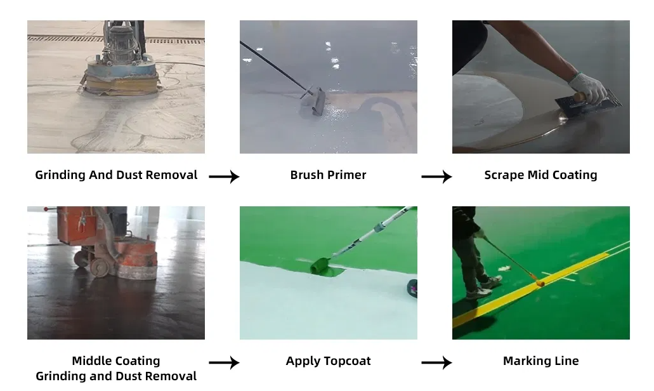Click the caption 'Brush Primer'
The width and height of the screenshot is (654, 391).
point(328,175)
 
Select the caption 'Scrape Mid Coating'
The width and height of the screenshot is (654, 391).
point(540,175)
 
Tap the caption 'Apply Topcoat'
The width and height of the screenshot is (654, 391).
point(328,361)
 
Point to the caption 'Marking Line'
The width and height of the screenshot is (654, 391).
point(540,361)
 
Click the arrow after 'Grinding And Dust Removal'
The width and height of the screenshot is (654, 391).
point(224,176)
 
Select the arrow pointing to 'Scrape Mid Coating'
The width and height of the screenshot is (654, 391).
point(436,176)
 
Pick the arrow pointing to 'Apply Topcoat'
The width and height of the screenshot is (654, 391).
point(224,362)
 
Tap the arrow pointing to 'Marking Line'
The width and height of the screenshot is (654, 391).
point(436,362)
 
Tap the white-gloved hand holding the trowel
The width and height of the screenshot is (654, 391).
point(587,88)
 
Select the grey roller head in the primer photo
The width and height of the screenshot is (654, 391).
point(313,101)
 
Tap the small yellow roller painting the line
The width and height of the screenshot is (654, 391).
point(540,283)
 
